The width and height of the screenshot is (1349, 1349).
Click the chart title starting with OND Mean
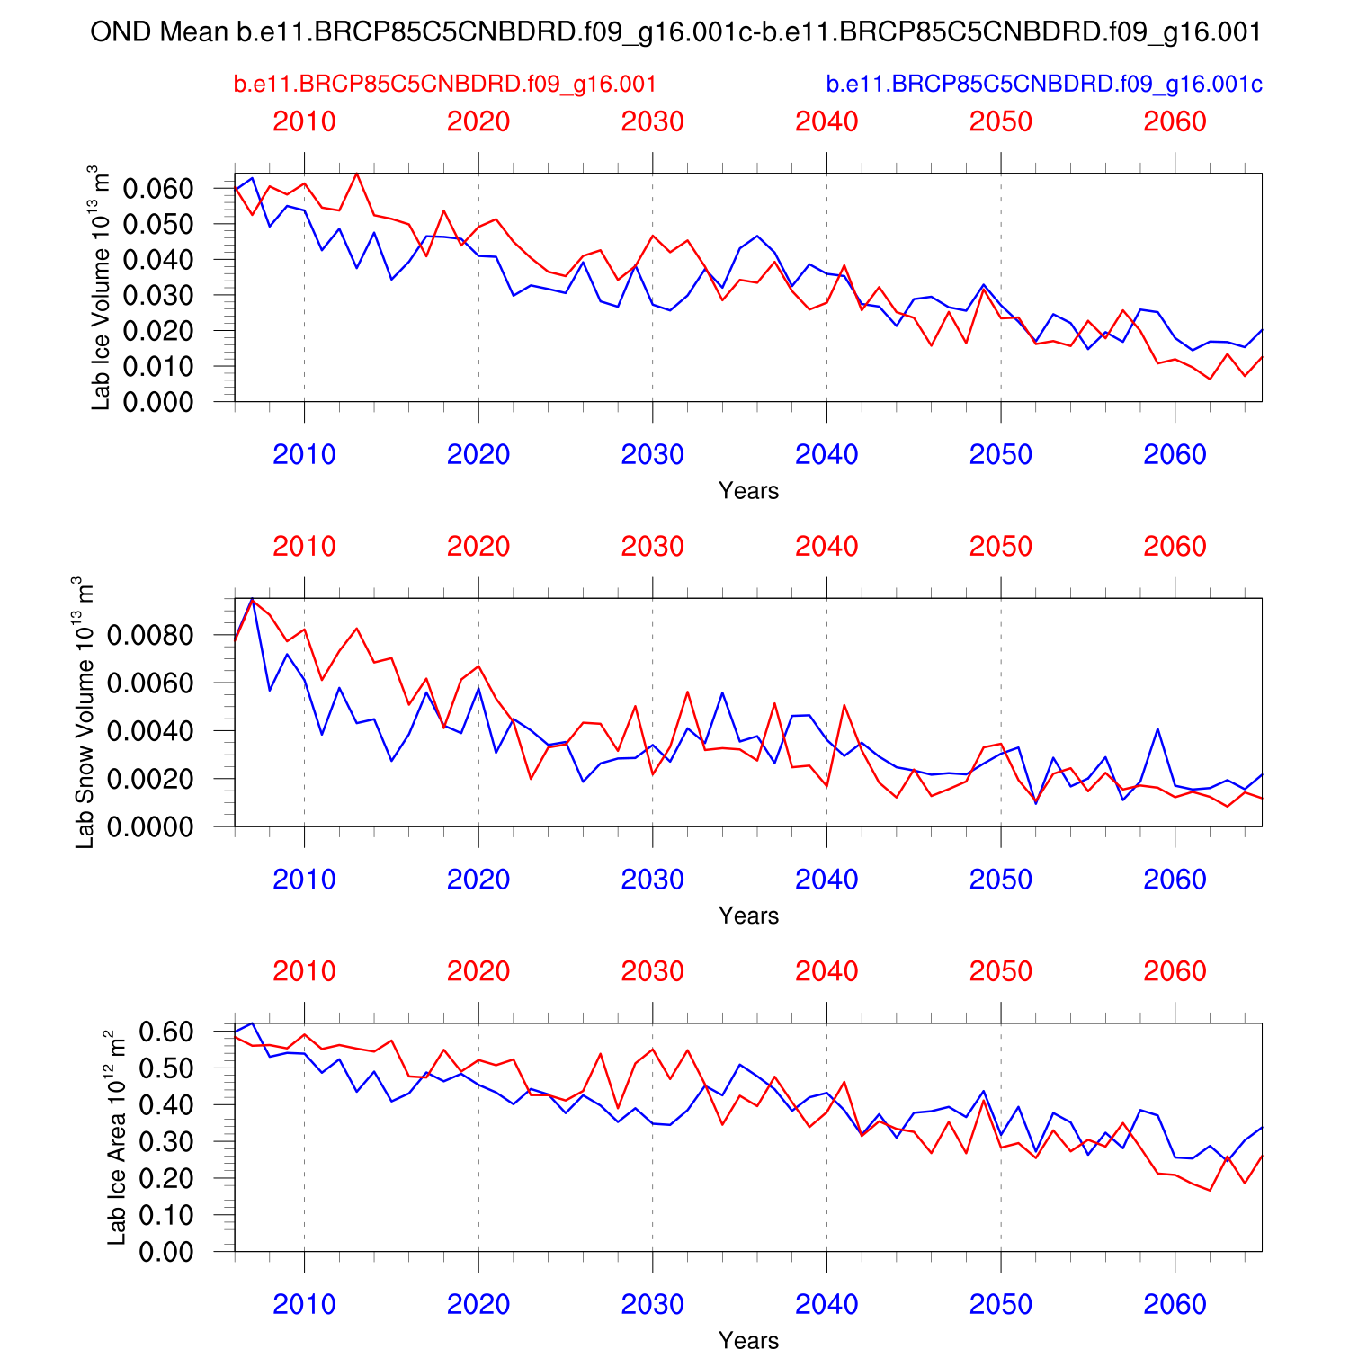(675, 32)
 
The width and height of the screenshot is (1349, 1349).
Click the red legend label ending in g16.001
(445, 84)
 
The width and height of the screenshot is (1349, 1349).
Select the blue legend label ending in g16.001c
(1044, 84)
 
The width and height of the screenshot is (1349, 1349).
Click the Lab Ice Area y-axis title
(116, 1138)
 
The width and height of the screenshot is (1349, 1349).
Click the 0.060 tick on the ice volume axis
(158, 189)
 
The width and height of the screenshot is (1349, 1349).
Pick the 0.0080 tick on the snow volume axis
(150, 635)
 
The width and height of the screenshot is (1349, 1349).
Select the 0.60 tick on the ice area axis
(166, 1031)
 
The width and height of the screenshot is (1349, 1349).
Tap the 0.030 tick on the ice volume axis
(158, 295)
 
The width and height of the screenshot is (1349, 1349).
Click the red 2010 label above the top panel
(304, 121)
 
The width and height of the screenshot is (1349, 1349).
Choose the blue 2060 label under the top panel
(1175, 455)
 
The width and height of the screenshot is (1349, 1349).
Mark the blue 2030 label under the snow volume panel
(652, 880)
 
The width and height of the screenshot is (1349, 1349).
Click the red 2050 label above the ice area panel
(1000, 971)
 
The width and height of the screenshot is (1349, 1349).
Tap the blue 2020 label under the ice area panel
(478, 1305)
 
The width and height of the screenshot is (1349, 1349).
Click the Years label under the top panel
(748, 491)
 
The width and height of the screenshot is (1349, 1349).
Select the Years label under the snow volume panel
(748, 916)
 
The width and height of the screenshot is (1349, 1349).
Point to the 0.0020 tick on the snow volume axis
(150, 779)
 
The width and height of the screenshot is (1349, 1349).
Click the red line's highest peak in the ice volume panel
(356, 174)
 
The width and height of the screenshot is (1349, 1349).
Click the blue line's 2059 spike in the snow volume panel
(1157, 728)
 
